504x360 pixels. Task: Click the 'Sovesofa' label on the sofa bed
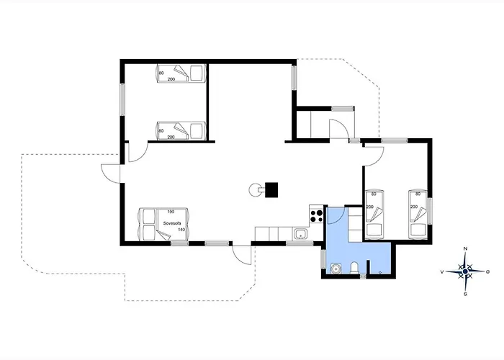click(172, 223)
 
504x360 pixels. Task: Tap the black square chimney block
click(271, 189)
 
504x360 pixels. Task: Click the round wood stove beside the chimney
click(255, 189)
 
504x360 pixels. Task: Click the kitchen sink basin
click(301, 234)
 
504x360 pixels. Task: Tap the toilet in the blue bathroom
click(354, 268)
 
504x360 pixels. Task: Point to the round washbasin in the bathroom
click(336, 269)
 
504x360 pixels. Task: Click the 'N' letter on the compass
click(465, 248)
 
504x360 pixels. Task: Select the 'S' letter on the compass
click(465, 294)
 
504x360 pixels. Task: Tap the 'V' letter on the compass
click(442, 272)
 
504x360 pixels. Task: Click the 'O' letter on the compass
click(488, 272)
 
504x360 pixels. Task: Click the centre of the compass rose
click(465, 272)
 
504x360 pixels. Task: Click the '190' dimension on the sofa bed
click(171, 212)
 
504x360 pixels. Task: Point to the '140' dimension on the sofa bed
click(181, 230)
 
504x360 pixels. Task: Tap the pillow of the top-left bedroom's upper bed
click(197, 73)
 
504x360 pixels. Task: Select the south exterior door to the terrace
click(241, 255)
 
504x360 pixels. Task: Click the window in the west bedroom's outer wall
click(122, 99)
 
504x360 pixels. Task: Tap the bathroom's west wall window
click(323, 258)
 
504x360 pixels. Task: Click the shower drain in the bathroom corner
click(380, 272)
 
